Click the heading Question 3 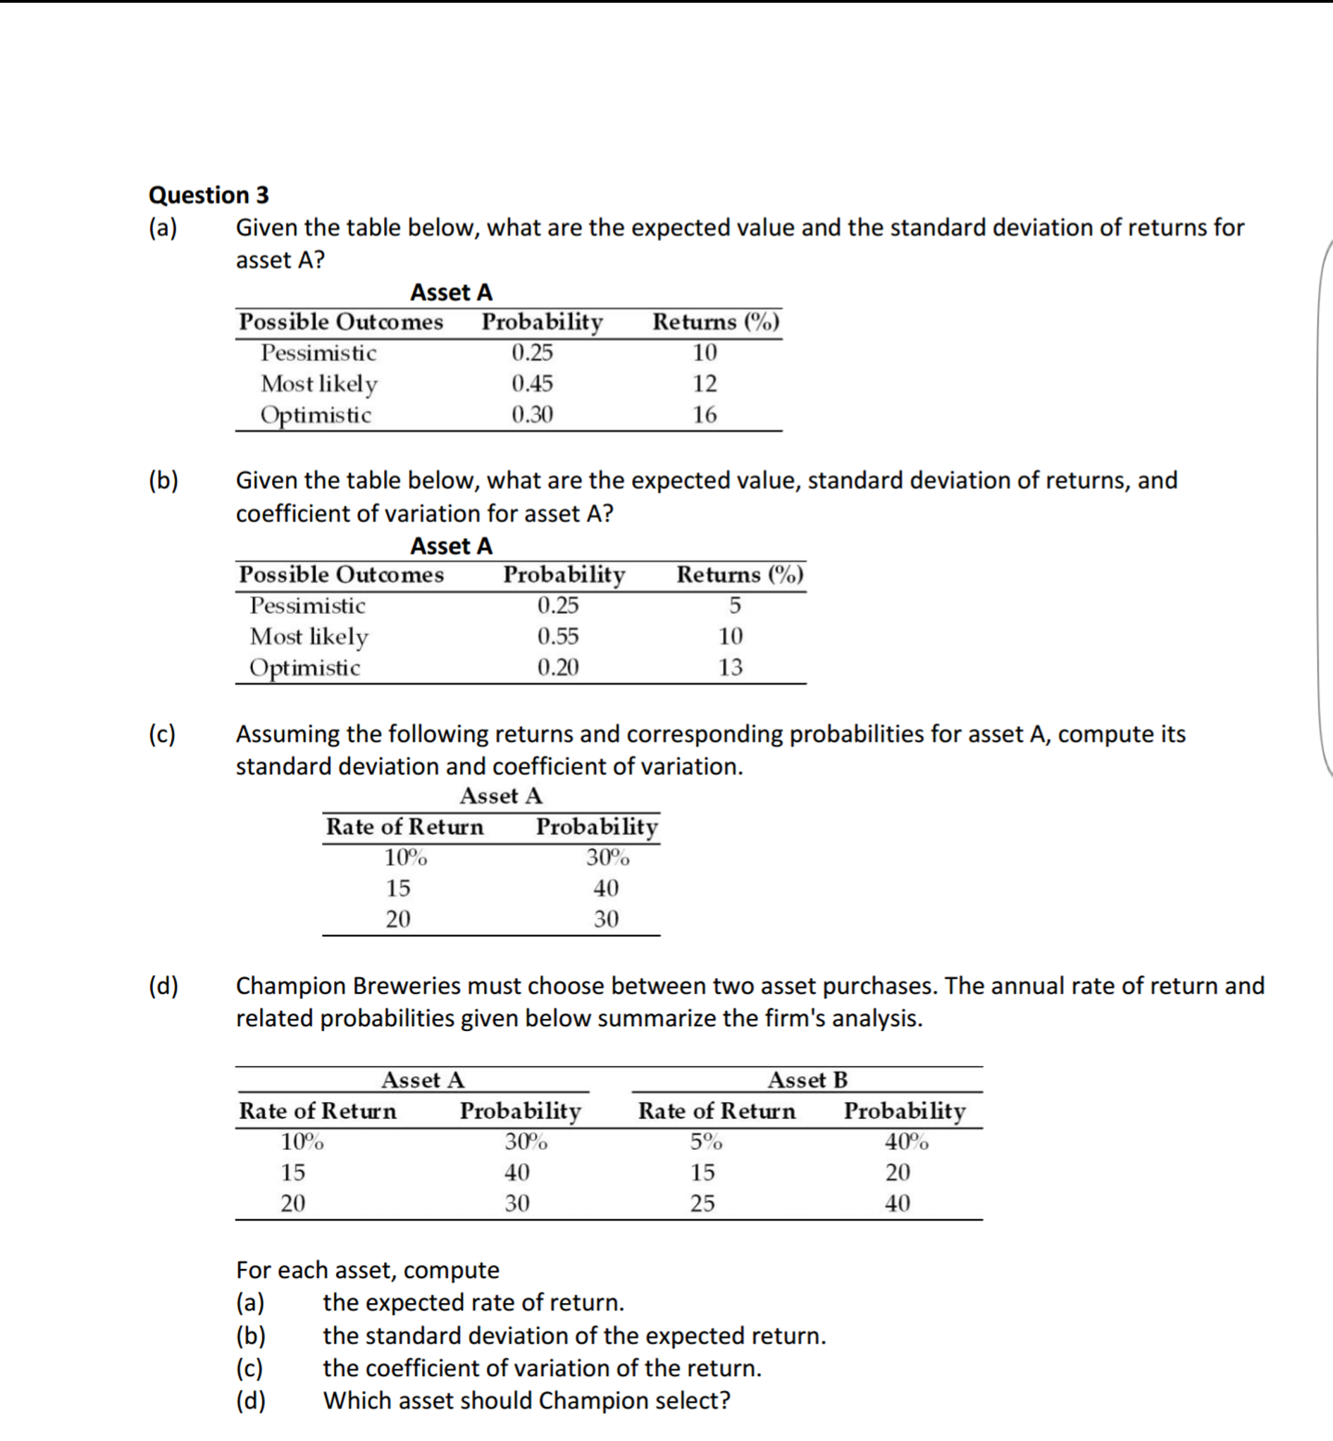[x=209, y=194]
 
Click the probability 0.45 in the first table [x=532, y=383]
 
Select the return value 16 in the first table [x=704, y=414]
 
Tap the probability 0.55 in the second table [x=557, y=635]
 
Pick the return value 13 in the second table [x=730, y=666]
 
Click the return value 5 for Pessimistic [x=734, y=604]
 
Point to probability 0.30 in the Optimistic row [x=532, y=414]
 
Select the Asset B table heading [x=807, y=1080]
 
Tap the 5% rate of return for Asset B [x=705, y=1142]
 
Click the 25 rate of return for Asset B [x=702, y=1203]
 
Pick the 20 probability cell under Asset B [x=898, y=1172]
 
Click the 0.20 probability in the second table [x=557, y=666]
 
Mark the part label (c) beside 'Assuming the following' [x=162, y=733]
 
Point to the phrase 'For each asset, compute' [x=367, y=1269]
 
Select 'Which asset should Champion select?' [x=526, y=1400]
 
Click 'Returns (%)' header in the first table [x=716, y=322]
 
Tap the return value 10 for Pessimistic [x=704, y=352]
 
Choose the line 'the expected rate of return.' [x=473, y=1302]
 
